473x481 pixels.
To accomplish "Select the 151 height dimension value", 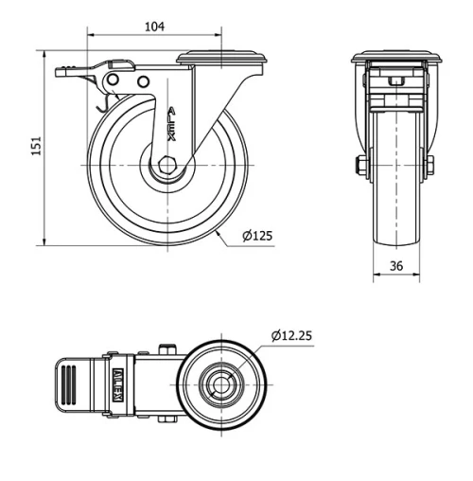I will [36, 146].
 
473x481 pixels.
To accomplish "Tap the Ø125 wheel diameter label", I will [256, 236].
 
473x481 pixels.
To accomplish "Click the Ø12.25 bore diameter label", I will [293, 334].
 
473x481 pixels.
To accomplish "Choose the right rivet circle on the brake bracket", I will [144, 83].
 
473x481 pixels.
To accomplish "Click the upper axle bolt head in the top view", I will [168, 348].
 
